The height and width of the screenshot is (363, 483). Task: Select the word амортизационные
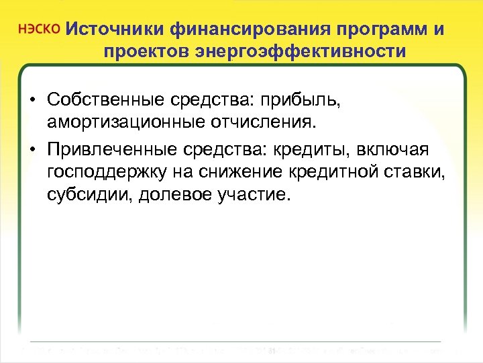point(121,123)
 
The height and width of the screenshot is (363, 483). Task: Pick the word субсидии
point(85,194)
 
